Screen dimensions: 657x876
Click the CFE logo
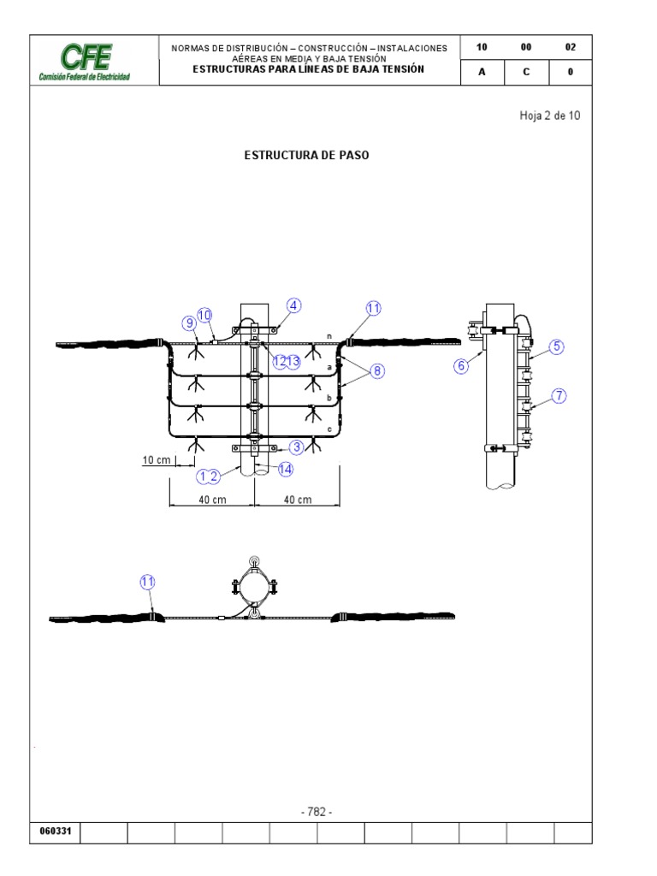tap(85, 62)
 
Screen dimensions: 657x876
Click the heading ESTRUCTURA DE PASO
tap(307, 156)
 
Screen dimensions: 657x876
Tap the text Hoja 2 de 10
tap(550, 115)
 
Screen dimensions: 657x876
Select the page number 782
tap(317, 812)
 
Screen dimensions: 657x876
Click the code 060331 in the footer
tap(56, 831)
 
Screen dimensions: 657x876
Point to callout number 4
tap(294, 305)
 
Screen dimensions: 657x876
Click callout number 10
tap(204, 315)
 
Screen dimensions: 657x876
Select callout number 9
tap(189, 323)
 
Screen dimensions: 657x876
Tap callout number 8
tap(377, 370)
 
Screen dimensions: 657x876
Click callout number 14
tap(286, 469)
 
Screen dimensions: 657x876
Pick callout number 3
tap(297, 447)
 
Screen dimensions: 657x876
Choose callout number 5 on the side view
tap(556, 346)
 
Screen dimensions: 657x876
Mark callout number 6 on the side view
tap(461, 366)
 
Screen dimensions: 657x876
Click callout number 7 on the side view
tap(559, 396)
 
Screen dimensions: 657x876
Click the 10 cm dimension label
tap(157, 460)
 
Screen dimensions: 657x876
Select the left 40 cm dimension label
tap(212, 500)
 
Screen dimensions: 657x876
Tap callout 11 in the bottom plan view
tap(147, 582)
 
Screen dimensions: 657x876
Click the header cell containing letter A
tap(482, 72)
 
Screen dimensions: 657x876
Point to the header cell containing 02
tap(571, 47)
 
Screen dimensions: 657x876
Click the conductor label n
tap(329, 336)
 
